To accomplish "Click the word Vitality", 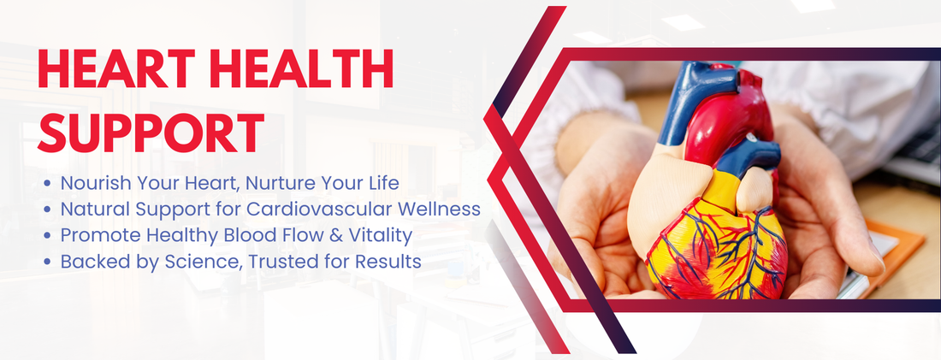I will [x=376, y=235].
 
